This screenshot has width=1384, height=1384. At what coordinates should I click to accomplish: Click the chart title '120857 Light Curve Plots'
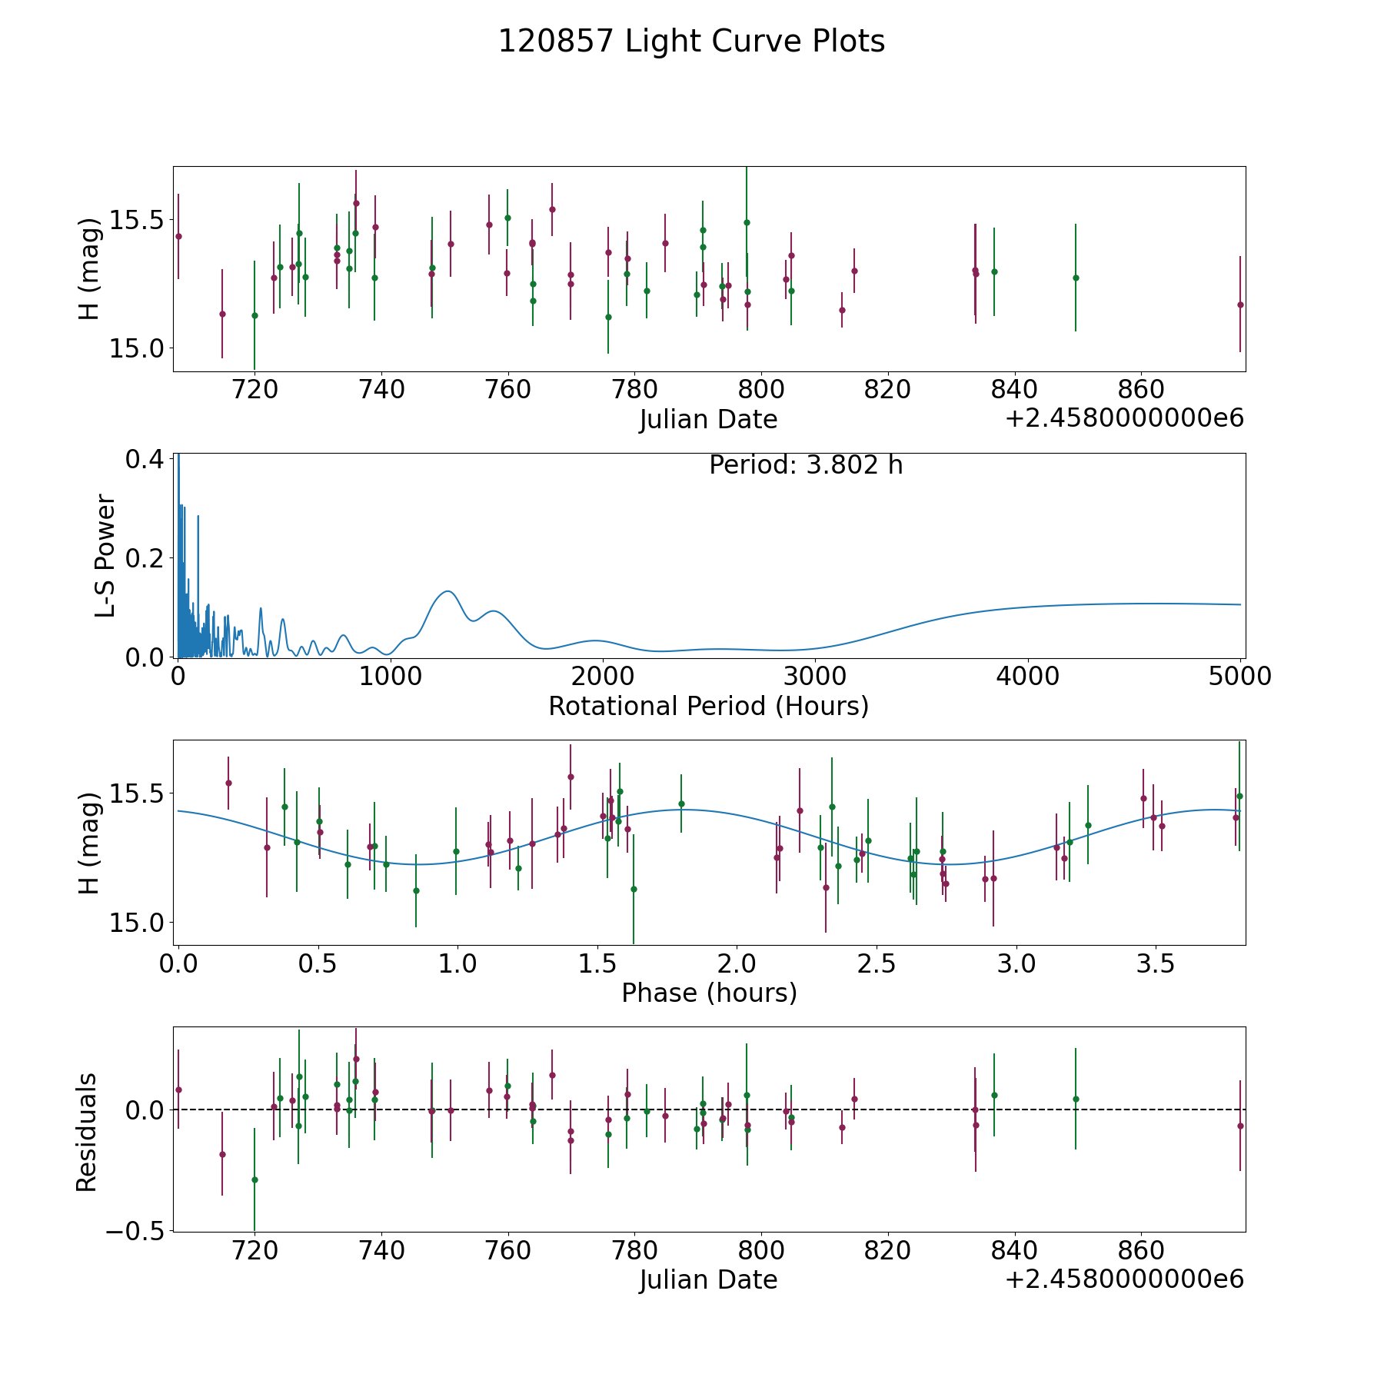[691, 42]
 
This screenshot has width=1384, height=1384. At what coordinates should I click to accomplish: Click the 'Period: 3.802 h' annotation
[806, 465]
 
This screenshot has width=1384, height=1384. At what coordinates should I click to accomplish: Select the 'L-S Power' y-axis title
[106, 556]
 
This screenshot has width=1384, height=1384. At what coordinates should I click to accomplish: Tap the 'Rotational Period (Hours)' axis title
[708, 706]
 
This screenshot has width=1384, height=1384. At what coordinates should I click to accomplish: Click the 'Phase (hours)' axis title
[709, 993]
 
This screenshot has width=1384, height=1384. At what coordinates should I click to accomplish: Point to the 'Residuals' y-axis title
[87, 1132]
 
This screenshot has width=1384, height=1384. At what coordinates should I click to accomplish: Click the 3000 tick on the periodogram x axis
[814, 676]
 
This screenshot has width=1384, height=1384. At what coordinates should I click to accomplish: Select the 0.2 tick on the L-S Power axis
[144, 557]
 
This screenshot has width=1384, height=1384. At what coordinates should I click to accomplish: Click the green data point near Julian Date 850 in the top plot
[1076, 278]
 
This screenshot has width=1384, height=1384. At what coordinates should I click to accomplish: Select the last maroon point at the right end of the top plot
[1240, 304]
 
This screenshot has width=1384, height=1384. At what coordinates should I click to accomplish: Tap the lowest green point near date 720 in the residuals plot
[255, 1179]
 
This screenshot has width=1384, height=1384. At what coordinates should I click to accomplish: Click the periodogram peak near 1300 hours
[447, 591]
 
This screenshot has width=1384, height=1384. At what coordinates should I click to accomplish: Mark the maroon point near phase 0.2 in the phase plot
[228, 783]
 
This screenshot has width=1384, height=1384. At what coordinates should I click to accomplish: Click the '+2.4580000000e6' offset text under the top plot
[1125, 418]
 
